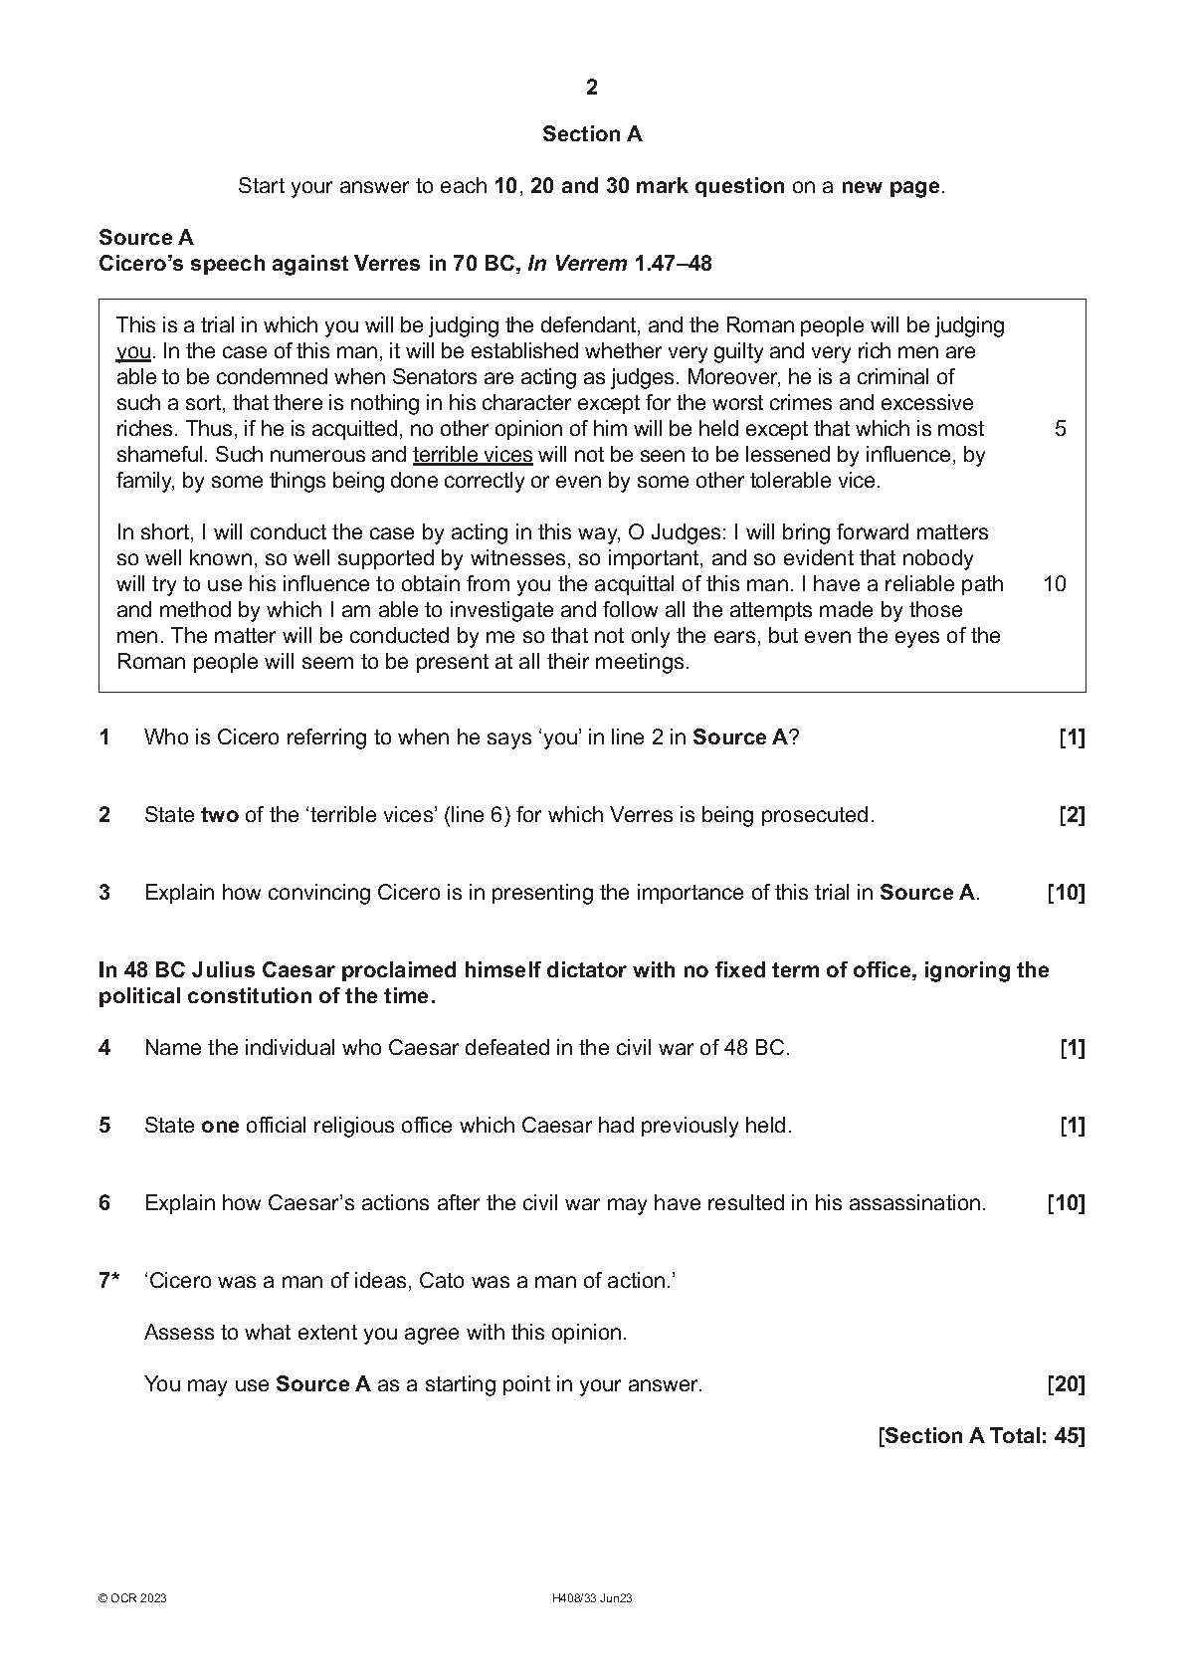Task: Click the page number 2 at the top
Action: point(592,88)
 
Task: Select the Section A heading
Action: point(592,134)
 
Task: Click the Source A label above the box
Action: point(146,238)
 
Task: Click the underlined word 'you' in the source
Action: point(133,351)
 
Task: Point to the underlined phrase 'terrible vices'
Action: point(473,455)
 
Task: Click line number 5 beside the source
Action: point(1060,429)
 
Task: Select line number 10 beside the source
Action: point(1055,584)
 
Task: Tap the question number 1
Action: point(104,737)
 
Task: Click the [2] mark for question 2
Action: point(1072,815)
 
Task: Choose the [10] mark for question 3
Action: point(1066,893)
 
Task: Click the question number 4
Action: point(104,1048)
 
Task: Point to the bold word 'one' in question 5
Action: point(220,1126)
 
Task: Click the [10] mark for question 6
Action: point(1066,1203)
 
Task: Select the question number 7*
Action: point(108,1281)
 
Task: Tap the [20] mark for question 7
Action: point(1066,1384)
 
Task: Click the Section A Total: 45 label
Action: point(981,1436)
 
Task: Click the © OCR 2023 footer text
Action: point(132,1598)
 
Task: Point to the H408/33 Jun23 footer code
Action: point(592,1598)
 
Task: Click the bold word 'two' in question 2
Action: point(220,815)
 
